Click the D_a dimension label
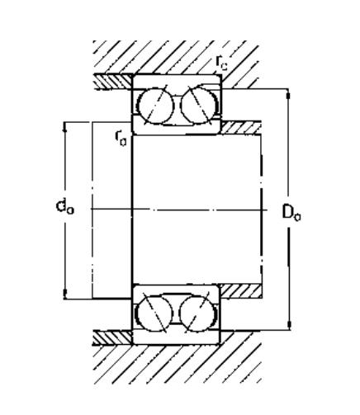291,213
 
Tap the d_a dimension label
65,207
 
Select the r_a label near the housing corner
222,63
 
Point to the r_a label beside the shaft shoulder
121,138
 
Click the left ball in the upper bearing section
157,106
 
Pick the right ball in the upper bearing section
199,105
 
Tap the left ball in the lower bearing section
155,313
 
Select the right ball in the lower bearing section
197,314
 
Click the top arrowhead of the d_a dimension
65,126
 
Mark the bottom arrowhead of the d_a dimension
65,294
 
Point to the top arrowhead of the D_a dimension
288,93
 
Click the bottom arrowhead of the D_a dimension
289,325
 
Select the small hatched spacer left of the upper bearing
112,82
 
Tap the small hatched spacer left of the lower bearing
112,338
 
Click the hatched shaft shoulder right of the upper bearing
241,128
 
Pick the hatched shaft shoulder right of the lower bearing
241,291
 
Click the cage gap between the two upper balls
178,105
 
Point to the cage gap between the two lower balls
176,313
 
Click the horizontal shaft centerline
179,210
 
